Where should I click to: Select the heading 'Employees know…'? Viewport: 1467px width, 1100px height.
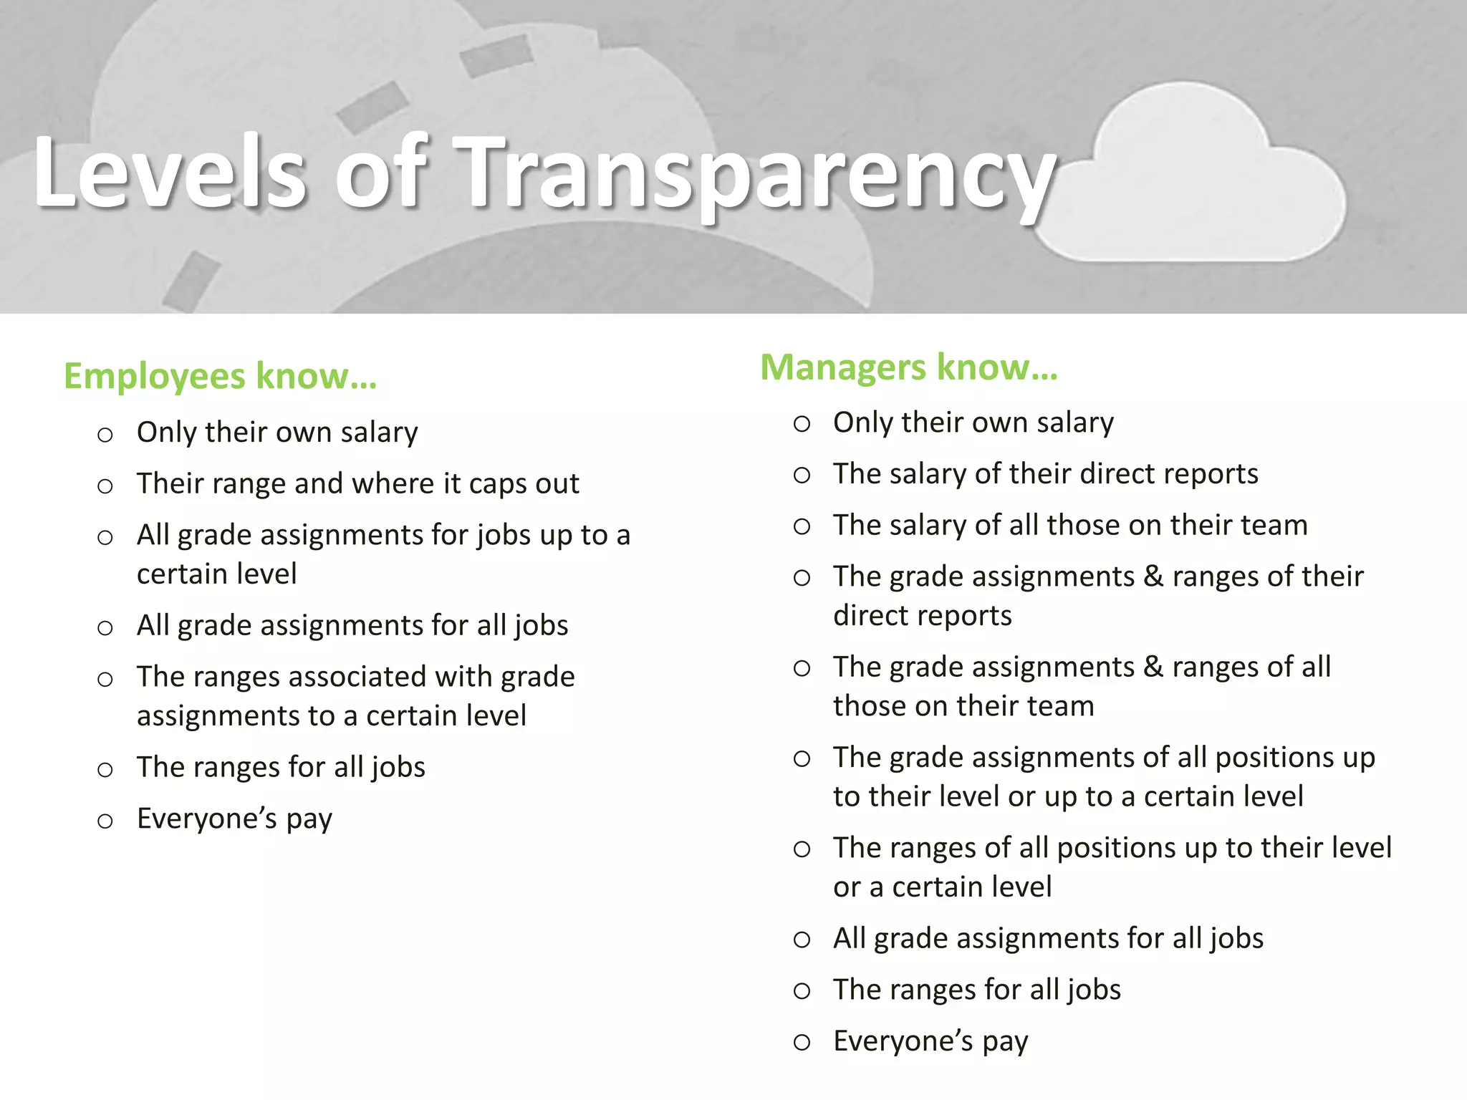click(x=220, y=376)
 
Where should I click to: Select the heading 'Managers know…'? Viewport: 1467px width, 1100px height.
click(x=908, y=367)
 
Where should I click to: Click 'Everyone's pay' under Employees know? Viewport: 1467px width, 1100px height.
click(x=234, y=819)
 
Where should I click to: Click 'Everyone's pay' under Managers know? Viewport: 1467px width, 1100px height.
click(x=930, y=1041)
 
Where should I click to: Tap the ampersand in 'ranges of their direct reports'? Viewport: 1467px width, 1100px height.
click(x=1153, y=576)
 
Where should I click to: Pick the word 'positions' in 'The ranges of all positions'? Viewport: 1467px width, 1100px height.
click(x=1116, y=848)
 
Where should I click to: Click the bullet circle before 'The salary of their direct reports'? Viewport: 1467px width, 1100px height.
click(x=802, y=476)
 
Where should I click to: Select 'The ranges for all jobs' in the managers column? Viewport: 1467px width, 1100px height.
click(x=976, y=990)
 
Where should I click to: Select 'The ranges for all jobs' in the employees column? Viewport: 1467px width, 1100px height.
click(x=281, y=768)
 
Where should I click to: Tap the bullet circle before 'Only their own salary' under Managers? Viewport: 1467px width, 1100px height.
click(x=802, y=424)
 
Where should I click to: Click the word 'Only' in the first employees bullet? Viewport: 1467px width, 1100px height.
click(x=165, y=433)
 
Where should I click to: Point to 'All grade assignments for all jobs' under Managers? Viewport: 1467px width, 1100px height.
click(x=1048, y=938)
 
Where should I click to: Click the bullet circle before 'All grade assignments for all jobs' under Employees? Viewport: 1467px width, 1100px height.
click(x=105, y=628)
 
